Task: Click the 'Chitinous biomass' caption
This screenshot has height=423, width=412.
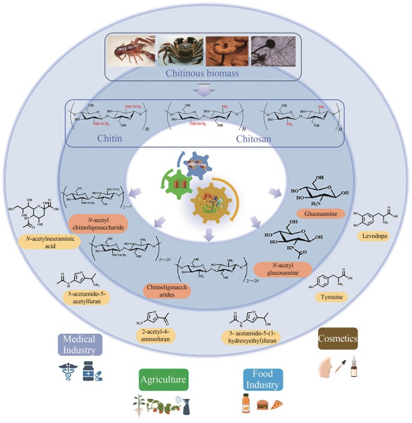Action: (x=205, y=73)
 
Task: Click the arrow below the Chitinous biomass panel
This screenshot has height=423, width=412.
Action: (x=205, y=91)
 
